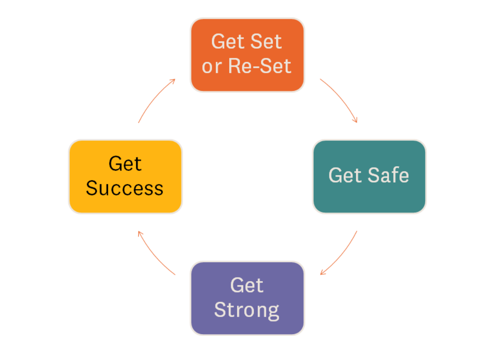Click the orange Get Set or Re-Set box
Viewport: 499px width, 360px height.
click(247, 55)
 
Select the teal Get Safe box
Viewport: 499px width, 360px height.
click(369, 177)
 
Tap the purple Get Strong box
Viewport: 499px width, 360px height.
click(247, 298)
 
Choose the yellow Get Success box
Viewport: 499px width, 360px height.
click(125, 177)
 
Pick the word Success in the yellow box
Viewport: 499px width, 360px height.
click(125, 189)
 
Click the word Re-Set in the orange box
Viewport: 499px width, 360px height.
click(260, 66)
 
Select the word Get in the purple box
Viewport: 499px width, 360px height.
click(247, 285)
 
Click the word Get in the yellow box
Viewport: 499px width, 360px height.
click(125, 164)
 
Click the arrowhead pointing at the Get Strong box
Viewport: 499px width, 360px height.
click(322, 273)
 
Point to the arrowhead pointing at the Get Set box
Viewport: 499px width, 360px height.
click(173, 81)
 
